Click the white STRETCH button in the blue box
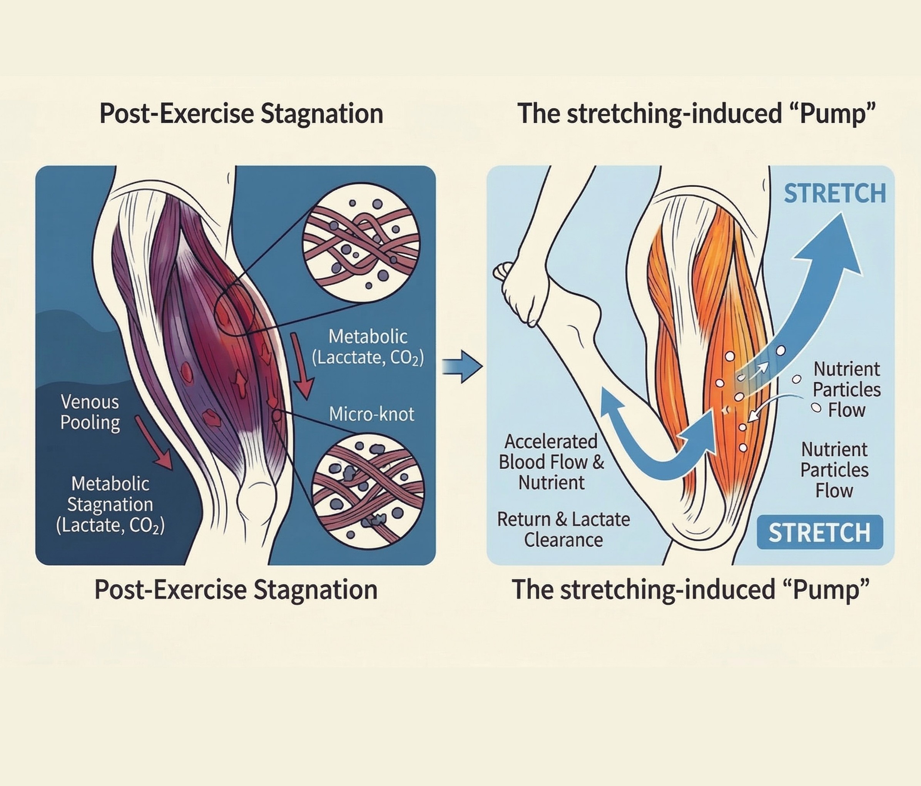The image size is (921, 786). point(819,532)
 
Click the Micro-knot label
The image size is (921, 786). point(372,414)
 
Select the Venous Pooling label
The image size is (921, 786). point(90,412)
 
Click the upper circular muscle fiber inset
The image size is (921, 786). point(361,240)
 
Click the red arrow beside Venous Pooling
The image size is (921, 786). point(153,442)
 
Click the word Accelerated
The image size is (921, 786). point(551,441)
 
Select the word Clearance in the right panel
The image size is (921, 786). point(563,540)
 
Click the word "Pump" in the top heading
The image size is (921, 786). point(830,114)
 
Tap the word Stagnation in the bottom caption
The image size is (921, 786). point(315,590)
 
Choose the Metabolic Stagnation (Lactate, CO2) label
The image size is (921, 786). point(110,504)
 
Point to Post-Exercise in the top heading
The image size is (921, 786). point(177,114)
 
